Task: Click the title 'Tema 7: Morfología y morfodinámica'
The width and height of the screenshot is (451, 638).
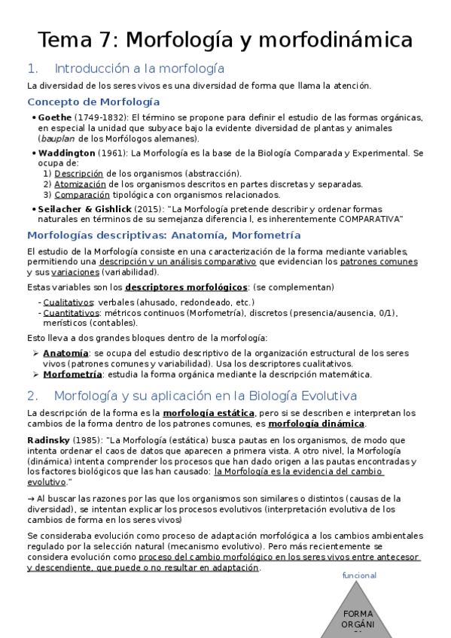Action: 225,39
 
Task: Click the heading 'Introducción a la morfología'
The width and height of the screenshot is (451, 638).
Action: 140,68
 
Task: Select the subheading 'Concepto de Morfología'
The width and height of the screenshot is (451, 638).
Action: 93,102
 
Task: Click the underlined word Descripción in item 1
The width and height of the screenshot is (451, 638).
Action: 79,173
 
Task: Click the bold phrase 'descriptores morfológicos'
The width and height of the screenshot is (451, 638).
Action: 186,287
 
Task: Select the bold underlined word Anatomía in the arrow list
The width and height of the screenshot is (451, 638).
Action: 65,353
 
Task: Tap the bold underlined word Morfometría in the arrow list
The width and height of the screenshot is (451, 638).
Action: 72,374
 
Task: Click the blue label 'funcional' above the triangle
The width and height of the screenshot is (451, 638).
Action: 358,576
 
